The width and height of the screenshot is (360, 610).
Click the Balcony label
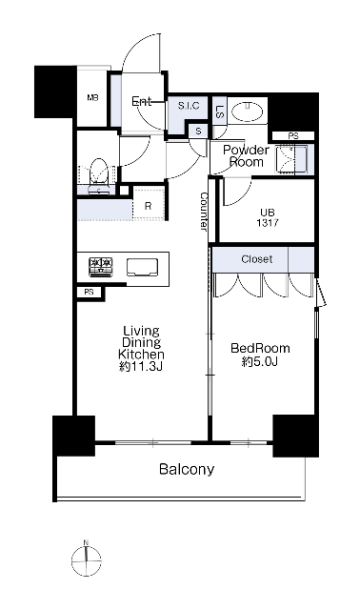[187, 469]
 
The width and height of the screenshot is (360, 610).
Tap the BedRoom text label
[260, 348]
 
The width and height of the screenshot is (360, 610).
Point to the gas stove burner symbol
[101, 267]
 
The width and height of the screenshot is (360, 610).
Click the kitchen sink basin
[142, 267]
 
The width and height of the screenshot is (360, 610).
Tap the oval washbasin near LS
[248, 112]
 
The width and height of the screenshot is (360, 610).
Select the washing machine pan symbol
[291, 159]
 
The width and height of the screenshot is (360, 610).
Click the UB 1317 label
[268, 218]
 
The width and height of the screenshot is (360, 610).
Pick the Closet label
[256, 259]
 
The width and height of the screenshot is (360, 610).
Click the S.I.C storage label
[189, 106]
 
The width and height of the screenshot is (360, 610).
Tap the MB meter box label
[92, 97]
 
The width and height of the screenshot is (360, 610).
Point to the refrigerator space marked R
[149, 206]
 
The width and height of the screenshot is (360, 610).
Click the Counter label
[204, 212]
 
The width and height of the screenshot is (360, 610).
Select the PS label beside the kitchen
[89, 292]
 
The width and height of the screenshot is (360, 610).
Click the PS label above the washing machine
[293, 136]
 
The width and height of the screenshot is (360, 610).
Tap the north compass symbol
[87, 560]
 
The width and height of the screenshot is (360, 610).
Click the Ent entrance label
[142, 102]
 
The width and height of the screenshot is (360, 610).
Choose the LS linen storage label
[220, 112]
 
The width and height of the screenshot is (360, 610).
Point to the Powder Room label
[246, 156]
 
